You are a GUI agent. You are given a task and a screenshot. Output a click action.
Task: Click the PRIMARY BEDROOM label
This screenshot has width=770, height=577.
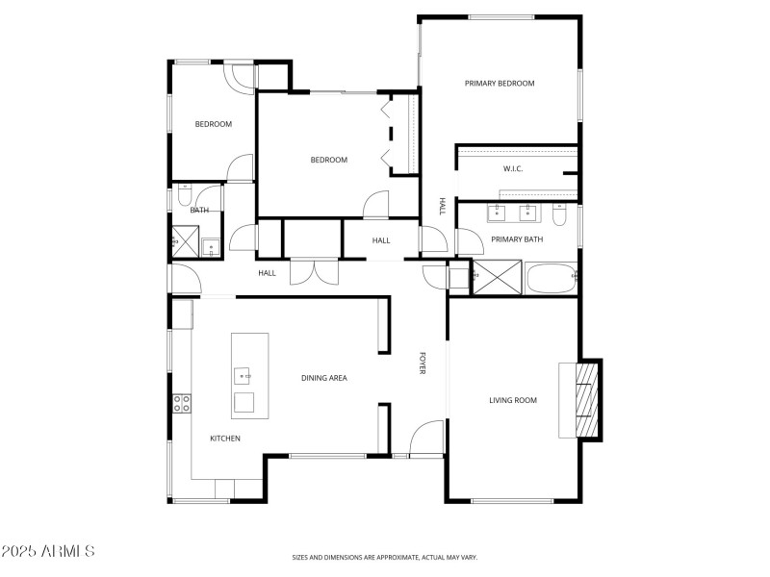(499, 84)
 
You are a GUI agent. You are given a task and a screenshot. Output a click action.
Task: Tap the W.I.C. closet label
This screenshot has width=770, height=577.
(512, 169)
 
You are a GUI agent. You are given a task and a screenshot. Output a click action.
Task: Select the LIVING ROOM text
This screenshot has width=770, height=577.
(513, 400)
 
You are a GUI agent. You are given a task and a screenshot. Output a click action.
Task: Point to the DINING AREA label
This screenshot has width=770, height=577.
(323, 378)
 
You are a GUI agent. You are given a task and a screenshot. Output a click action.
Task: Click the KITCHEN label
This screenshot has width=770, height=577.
(225, 439)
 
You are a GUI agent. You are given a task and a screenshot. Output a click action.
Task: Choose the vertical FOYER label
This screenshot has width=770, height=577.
(422, 364)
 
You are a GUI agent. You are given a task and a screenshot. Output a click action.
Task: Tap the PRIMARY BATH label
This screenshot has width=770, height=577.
(517, 239)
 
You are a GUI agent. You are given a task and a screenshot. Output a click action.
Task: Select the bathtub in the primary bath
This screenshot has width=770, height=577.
(552, 277)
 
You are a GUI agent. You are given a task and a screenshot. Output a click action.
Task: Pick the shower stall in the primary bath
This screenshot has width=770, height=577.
(498, 277)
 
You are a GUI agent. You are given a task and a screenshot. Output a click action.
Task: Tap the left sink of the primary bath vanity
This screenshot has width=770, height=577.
(500, 213)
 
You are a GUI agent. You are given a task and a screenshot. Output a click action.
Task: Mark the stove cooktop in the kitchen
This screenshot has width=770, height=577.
(181, 405)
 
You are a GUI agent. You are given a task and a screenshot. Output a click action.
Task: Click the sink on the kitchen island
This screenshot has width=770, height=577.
(244, 374)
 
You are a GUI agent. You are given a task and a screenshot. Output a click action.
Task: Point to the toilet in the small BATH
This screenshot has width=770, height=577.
(182, 198)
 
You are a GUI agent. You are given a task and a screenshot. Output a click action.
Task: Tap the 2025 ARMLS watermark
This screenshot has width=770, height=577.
(48, 552)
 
